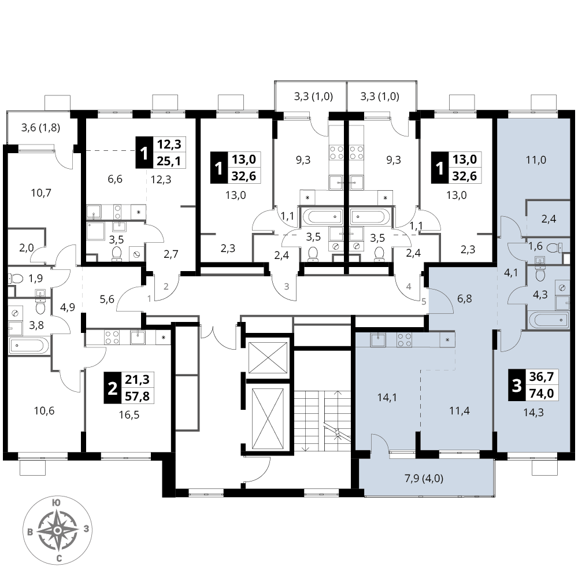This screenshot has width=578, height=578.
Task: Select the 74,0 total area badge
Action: coord(542,393)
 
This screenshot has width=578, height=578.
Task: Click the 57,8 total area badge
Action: coord(137,396)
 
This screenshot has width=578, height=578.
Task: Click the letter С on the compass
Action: coord(58,559)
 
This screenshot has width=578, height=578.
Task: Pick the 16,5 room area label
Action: coord(129,415)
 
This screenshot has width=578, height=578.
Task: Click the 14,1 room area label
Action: coord(387,398)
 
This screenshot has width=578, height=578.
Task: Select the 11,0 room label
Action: coord(536,160)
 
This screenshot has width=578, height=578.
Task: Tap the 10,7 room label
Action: coord(41,193)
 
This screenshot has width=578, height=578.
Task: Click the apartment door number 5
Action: coord(424,302)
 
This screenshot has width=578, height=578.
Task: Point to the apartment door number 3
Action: coord(287,287)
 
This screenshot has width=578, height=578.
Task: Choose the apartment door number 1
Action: coord(149,299)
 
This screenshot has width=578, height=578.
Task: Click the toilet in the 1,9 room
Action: coord(16,278)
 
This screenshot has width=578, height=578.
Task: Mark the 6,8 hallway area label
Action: coord(465,298)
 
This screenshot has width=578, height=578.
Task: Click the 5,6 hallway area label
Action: coord(107,299)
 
